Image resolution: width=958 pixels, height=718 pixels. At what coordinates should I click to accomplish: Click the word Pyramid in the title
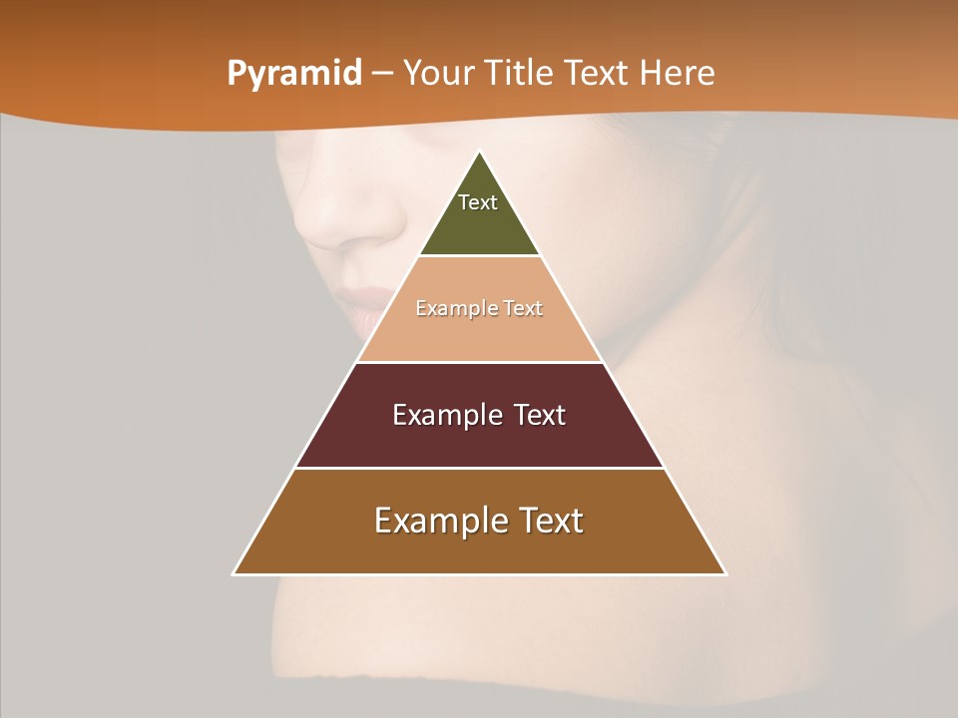coord(294,74)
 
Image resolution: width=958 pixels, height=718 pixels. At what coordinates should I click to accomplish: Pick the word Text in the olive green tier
coord(478,202)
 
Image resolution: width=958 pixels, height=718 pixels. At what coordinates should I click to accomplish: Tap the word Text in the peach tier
coord(523,309)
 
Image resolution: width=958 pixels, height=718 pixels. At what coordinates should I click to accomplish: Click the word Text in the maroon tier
coord(540,415)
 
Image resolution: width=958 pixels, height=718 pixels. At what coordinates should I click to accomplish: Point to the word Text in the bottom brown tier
coord(550,521)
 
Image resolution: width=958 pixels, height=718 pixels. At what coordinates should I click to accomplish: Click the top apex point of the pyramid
coord(479,153)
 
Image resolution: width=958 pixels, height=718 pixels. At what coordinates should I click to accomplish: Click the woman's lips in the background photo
coord(361,304)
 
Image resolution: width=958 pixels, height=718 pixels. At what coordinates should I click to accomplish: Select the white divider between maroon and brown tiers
coord(479,468)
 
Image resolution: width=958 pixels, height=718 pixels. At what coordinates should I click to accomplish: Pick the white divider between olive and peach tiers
coord(479,256)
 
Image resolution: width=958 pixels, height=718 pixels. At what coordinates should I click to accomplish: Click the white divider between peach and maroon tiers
coord(479,362)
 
